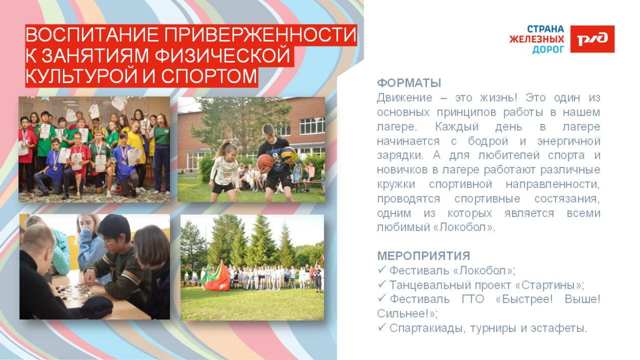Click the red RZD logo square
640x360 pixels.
[592, 39]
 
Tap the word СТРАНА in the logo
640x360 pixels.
[545, 29]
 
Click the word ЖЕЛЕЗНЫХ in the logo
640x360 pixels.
[537, 39]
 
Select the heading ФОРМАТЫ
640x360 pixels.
[409, 83]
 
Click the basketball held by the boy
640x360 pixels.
[265, 161]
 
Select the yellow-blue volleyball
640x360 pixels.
[288, 153]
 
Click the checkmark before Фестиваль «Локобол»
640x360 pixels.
[381, 270]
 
